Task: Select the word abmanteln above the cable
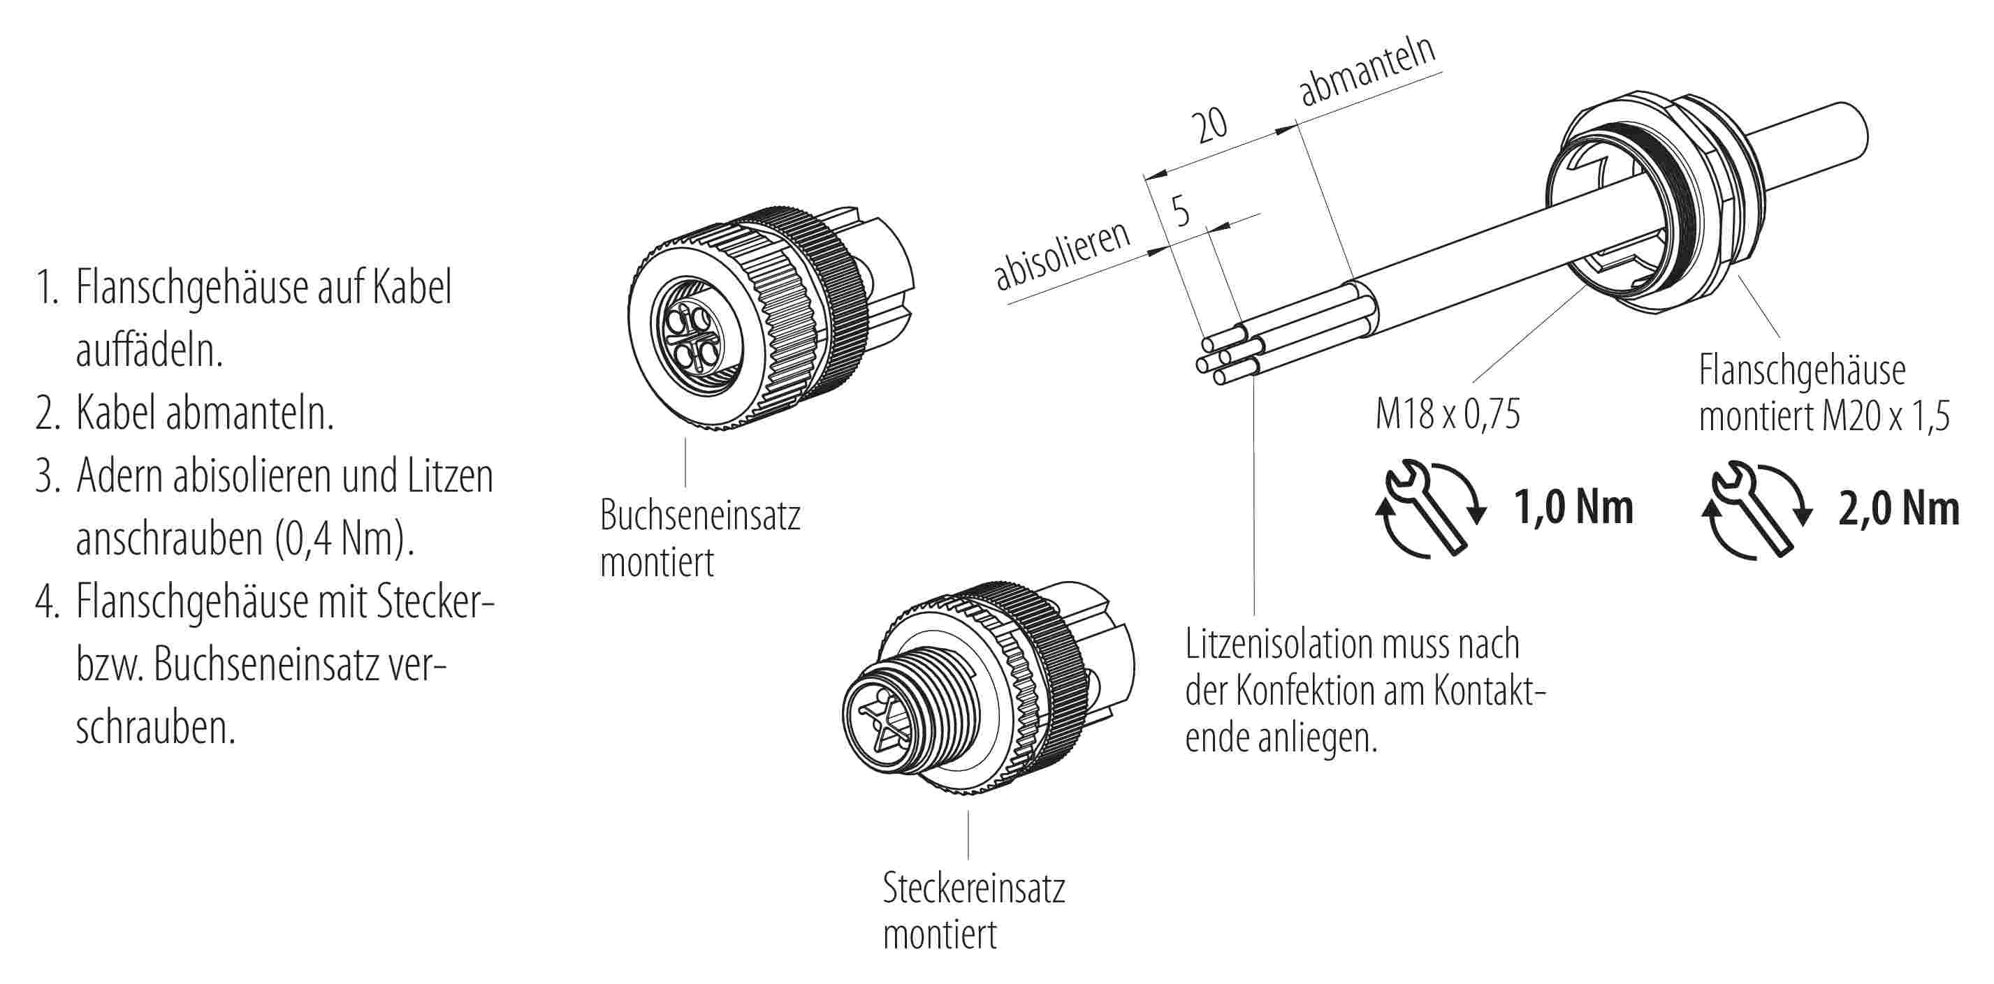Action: [1366, 71]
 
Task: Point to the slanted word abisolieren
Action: [1062, 256]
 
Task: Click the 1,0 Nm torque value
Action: [1573, 508]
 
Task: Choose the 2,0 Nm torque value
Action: [1899, 509]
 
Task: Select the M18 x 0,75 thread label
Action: [1448, 414]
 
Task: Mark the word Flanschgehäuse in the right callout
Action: [1802, 371]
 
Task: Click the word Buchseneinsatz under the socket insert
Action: [700, 515]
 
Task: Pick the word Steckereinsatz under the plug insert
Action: [974, 888]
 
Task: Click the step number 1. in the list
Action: [48, 288]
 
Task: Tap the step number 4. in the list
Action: [48, 603]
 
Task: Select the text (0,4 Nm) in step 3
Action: [344, 539]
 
